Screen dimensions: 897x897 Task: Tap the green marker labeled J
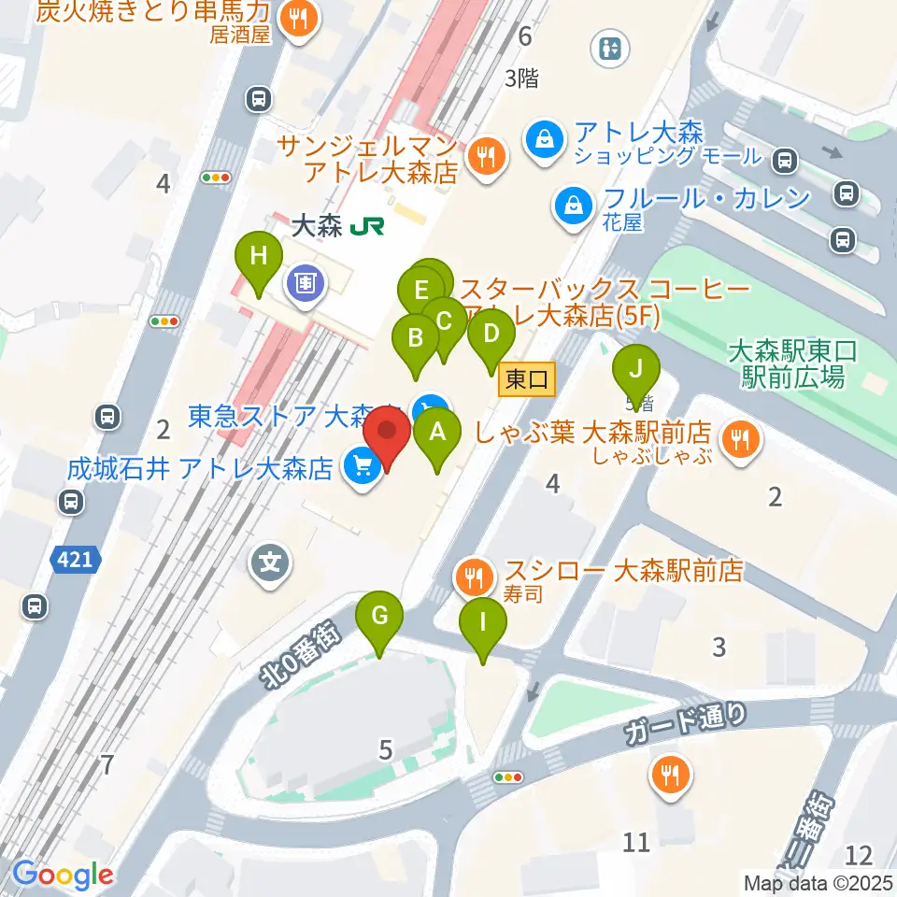pyautogui.click(x=635, y=366)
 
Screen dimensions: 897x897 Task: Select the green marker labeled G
pyautogui.click(x=379, y=616)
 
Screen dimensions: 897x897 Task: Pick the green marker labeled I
pyautogui.click(x=483, y=621)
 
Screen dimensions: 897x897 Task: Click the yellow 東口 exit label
pyautogui.click(x=528, y=378)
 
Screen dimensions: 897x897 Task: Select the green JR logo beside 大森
pyautogui.click(x=363, y=225)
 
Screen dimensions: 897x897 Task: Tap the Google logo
pyautogui.click(x=63, y=875)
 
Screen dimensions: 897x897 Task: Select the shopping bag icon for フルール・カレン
pyautogui.click(x=571, y=204)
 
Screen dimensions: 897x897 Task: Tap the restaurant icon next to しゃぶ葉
pyautogui.click(x=742, y=434)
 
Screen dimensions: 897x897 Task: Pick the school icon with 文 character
pyautogui.click(x=271, y=563)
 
